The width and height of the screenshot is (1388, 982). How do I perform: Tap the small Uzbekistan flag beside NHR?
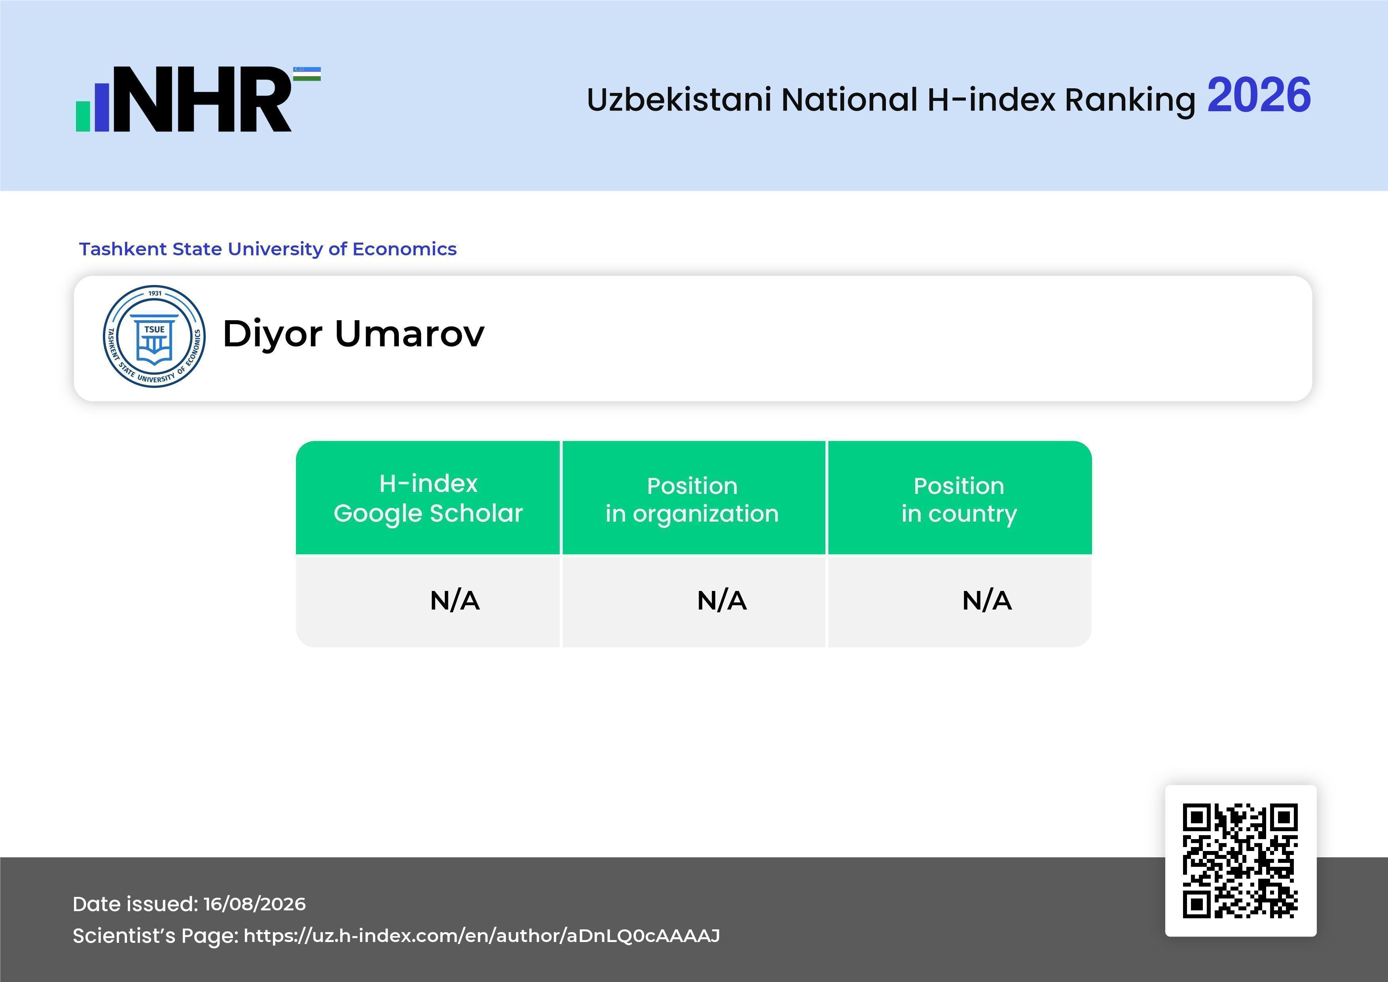coord(307,74)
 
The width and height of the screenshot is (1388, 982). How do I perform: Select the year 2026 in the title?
coord(1259,95)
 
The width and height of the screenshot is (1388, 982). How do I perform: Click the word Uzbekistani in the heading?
coord(679,99)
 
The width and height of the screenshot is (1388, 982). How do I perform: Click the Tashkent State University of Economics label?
coord(268,249)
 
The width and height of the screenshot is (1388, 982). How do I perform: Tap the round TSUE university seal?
coord(154,336)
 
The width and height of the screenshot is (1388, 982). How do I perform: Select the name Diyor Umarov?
coord(354,333)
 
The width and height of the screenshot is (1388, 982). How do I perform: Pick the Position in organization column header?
coord(692,500)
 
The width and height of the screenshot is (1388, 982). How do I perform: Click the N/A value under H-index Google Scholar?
coord(455,600)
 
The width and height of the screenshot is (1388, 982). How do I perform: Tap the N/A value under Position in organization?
coord(722,600)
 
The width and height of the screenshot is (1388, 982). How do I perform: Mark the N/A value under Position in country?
coord(986,600)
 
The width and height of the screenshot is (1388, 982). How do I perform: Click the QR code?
coord(1240,860)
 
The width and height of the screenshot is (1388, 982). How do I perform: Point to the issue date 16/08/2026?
coord(254,904)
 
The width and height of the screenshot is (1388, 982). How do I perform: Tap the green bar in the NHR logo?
coord(83,116)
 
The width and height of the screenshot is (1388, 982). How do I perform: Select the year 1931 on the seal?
coord(155,293)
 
